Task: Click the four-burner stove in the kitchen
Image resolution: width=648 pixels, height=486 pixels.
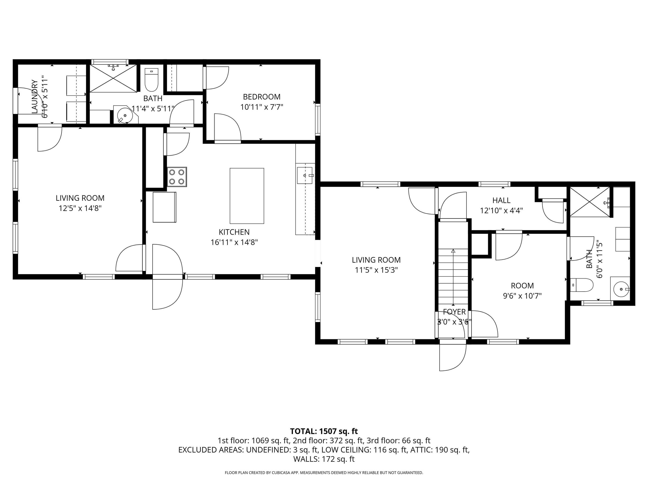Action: click(x=177, y=177)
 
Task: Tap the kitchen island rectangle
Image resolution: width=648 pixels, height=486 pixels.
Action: click(x=247, y=196)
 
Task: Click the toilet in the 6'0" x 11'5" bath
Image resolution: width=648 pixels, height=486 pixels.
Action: click(x=582, y=285)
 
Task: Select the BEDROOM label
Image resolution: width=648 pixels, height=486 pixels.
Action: click(x=262, y=97)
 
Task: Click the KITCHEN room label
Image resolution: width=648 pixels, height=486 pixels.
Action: click(x=234, y=232)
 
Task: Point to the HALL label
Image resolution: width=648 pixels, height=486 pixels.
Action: click(x=501, y=200)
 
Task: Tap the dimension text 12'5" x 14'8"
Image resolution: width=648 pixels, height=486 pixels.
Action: click(x=80, y=208)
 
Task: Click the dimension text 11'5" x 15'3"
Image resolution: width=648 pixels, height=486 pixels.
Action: click(x=376, y=270)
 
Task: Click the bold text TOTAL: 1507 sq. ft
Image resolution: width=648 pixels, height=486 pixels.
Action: click(x=324, y=431)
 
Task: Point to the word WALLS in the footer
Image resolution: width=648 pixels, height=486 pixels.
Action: click(x=306, y=459)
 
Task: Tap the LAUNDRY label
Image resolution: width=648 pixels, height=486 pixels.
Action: click(x=35, y=97)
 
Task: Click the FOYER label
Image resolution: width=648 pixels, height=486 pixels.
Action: click(x=454, y=312)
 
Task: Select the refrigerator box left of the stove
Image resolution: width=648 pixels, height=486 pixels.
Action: click(x=164, y=207)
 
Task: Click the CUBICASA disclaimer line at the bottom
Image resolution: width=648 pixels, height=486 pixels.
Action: click(x=324, y=472)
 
